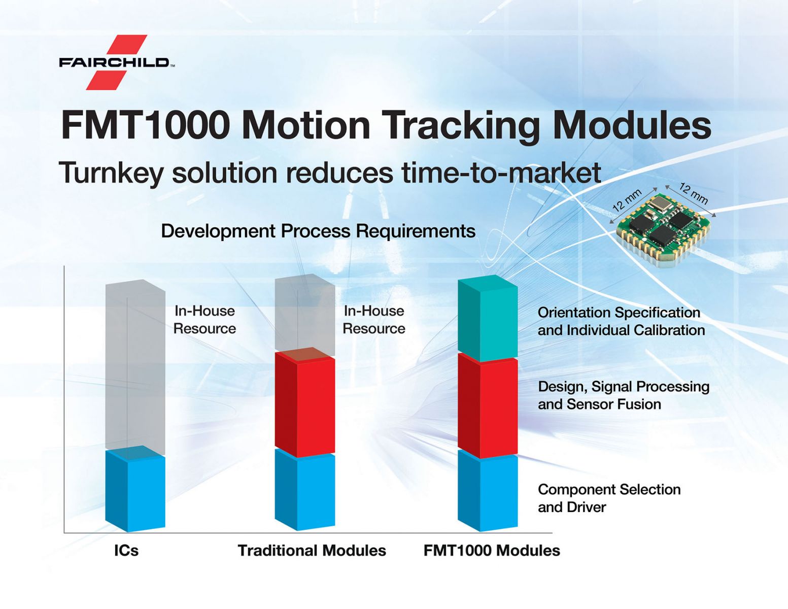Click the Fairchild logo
[117, 62]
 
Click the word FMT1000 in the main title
[146, 125]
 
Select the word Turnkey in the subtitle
[111, 174]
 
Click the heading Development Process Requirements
[318, 231]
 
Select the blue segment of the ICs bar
[135, 489]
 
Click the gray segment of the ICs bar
[135, 366]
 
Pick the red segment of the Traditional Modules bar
[304, 402]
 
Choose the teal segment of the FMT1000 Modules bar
[488, 318]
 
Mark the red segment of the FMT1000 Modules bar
[488, 406]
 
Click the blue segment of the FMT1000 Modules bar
[488, 491]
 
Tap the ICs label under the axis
[126, 551]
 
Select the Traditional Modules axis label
[312, 551]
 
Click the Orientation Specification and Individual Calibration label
[621, 321]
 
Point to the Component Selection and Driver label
[609, 498]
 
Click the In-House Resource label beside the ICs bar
[204, 320]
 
